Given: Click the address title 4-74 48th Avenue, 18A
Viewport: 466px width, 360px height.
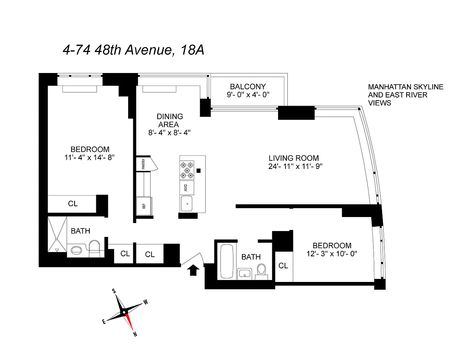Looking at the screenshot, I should [x=133, y=50].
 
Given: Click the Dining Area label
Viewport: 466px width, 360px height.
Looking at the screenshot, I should [x=170, y=120].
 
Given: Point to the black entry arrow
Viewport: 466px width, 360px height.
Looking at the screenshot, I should [x=192, y=270].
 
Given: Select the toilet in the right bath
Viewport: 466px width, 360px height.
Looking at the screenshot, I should [x=261, y=270].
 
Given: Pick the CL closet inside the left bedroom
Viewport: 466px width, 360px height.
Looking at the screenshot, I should [x=73, y=203].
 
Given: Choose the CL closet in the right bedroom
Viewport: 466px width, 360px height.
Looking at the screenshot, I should [x=283, y=266].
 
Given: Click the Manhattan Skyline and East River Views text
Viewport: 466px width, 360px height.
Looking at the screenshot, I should [x=405, y=95].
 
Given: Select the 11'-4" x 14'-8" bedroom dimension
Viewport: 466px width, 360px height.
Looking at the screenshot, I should [x=90, y=158].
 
